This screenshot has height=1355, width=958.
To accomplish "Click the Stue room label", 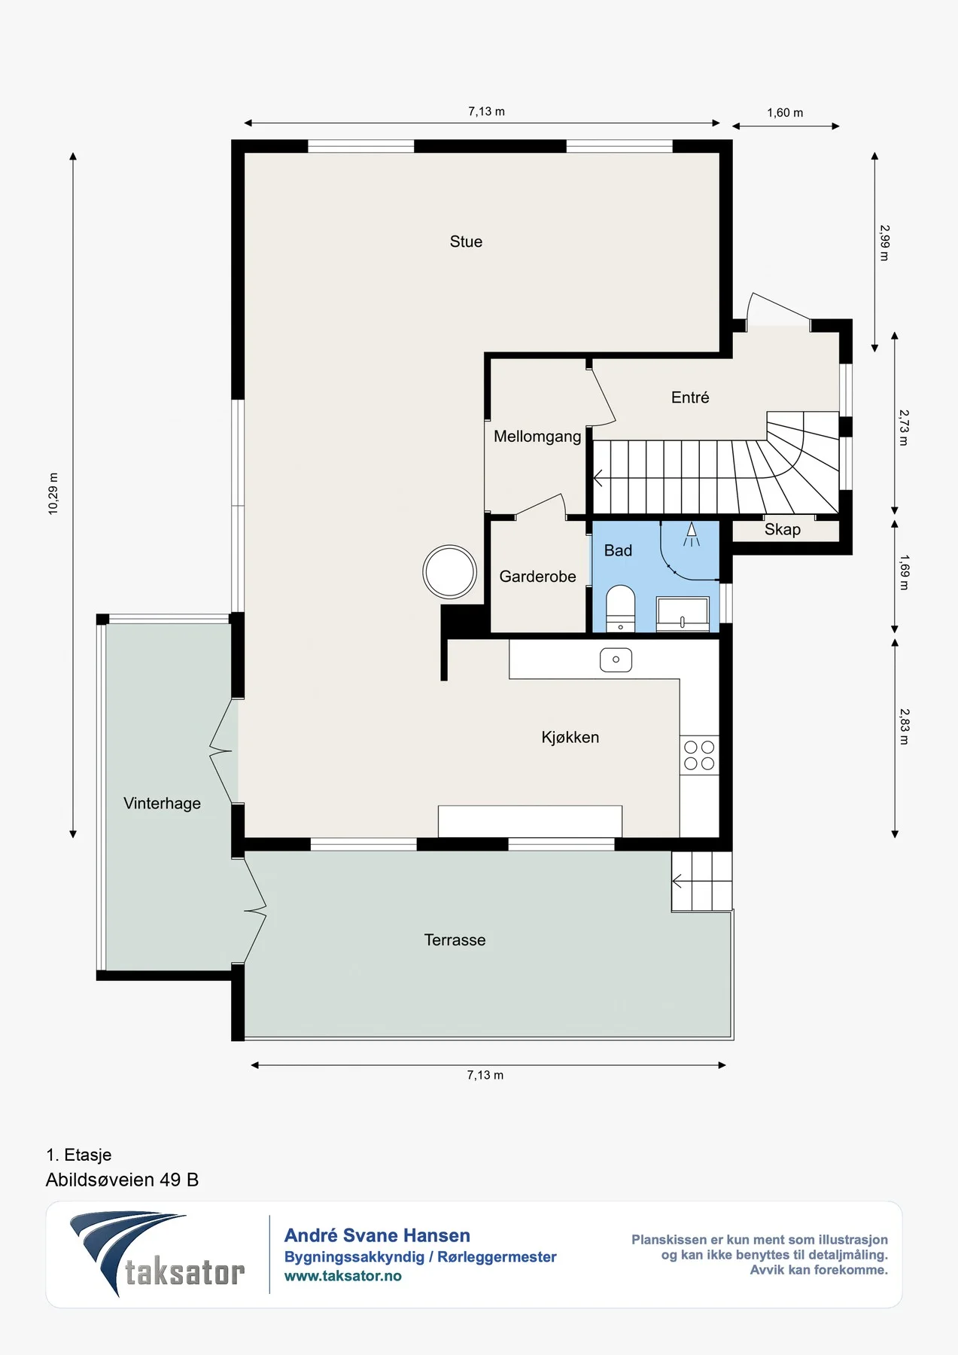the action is (466, 242).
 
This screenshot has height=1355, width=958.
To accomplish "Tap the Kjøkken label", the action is (570, 737).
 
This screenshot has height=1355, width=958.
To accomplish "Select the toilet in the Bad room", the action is (620, 608).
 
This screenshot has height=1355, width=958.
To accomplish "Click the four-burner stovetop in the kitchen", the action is (699, 755).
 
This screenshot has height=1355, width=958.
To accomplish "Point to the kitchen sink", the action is (616, 659).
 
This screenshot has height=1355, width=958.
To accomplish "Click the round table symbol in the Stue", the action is (450, 572).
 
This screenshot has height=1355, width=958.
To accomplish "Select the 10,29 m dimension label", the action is (53, 494).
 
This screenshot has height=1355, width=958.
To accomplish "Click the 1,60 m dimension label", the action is (785, 113).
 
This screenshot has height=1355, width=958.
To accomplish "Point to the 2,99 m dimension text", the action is (885, 242).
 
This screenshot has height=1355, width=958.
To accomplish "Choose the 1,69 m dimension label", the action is (905, 572).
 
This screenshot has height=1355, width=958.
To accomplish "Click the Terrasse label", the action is (455, 939).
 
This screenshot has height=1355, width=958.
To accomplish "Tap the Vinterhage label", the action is (162, 803).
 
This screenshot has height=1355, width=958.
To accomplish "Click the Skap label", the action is (783, 529).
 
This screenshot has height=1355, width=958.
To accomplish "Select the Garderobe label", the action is (537, 577).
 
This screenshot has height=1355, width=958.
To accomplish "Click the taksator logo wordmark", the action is (185, 1273).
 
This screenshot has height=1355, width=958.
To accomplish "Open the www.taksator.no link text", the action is (342, 1276).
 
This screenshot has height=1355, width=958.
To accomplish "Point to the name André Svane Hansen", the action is (377, 1235).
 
